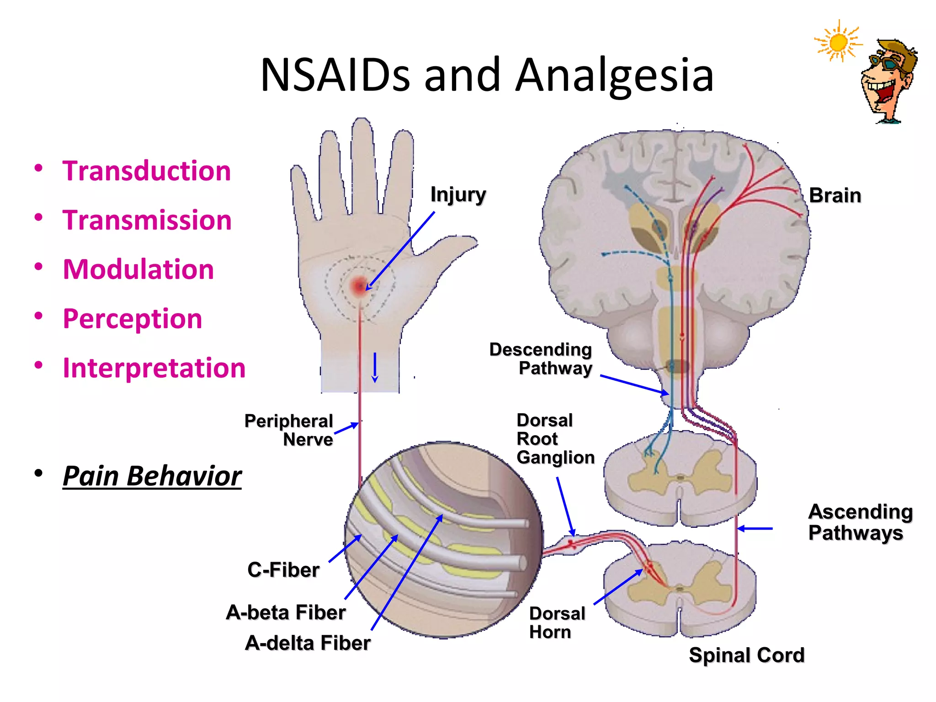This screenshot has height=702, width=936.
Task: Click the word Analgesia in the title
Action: point(615,75)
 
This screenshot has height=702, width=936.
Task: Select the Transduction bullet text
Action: point(146,171)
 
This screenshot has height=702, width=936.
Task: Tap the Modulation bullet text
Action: point(138,269)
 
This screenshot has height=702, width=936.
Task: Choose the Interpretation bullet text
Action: point(154,368)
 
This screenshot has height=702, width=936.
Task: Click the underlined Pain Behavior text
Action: point(152,476)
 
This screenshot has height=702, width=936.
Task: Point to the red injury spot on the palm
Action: point(359,286)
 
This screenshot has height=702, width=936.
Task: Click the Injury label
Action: point(458,195)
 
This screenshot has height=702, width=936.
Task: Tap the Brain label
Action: point(835,196)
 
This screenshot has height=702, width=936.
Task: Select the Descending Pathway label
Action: point(541,359)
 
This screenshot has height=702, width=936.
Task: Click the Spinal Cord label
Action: point(746,655)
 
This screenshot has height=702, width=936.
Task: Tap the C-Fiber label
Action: point(283,570)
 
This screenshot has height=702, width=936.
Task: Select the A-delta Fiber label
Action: point(308,643)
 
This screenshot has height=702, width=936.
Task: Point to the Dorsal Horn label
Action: point(556,622)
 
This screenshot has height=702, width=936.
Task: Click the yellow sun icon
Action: point(838,43)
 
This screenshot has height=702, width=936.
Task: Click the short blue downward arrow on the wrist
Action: point(375,367)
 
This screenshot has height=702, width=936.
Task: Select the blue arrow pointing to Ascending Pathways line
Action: point(755,528)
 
